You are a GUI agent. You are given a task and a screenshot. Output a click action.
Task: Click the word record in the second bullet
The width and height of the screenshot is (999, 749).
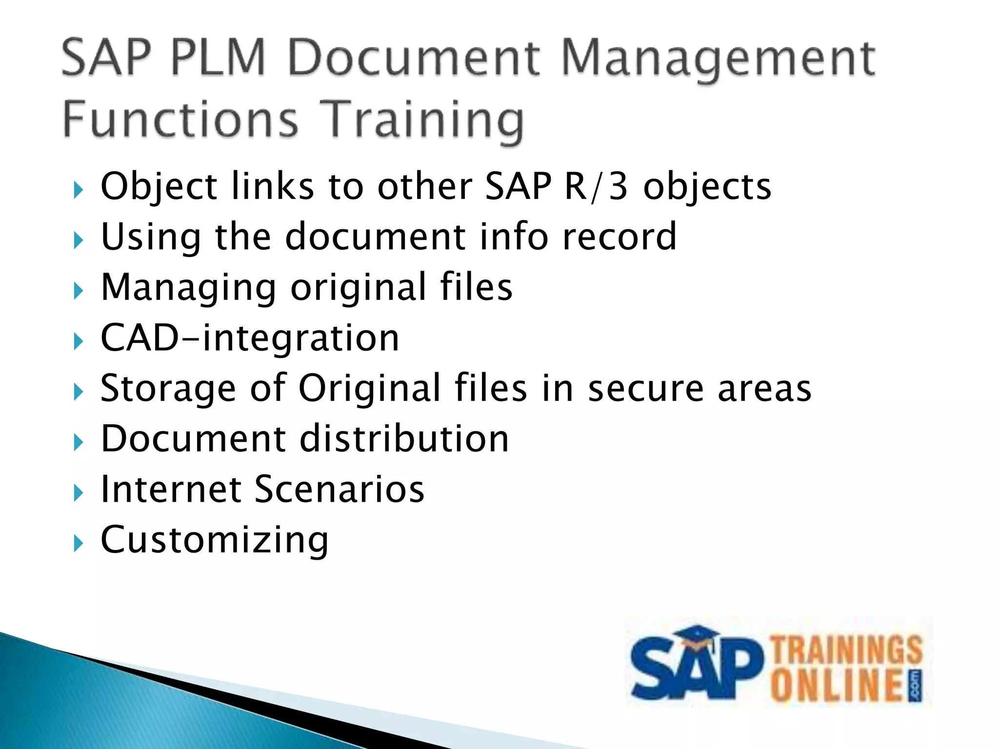[x=619, y=237]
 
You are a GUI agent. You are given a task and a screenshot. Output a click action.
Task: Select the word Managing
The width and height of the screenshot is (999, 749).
[x=188, y=288]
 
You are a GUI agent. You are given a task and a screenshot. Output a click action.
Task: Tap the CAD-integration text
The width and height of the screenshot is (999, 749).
[x=250, y=338]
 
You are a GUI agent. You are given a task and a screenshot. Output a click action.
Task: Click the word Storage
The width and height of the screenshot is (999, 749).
[x=168, y=389]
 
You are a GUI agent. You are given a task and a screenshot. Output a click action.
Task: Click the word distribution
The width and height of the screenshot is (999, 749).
[x=404, y=439]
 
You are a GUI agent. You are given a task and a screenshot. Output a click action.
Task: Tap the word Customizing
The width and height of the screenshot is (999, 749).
[x=214, y=540]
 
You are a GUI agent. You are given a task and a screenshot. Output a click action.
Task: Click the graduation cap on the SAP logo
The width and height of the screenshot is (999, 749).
[x=698, y=638]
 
